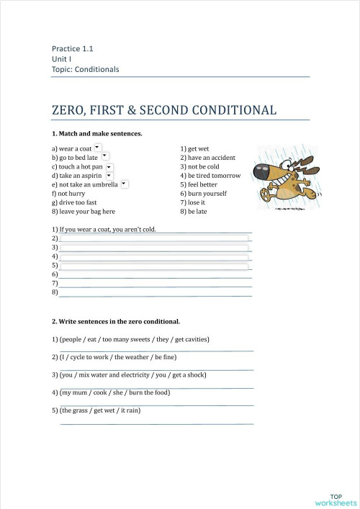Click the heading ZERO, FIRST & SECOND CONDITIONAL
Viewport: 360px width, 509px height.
pos(163,110)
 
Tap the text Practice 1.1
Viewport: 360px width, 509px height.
pos(73,49)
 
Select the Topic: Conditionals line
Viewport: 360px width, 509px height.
pos(85,70)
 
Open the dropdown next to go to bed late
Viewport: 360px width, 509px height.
pos(104,156)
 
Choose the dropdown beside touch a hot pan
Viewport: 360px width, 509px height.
pos(109,166)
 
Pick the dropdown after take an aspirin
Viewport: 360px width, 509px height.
pos(109,175)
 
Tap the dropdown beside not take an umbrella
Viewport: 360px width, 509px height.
pos(124,184)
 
